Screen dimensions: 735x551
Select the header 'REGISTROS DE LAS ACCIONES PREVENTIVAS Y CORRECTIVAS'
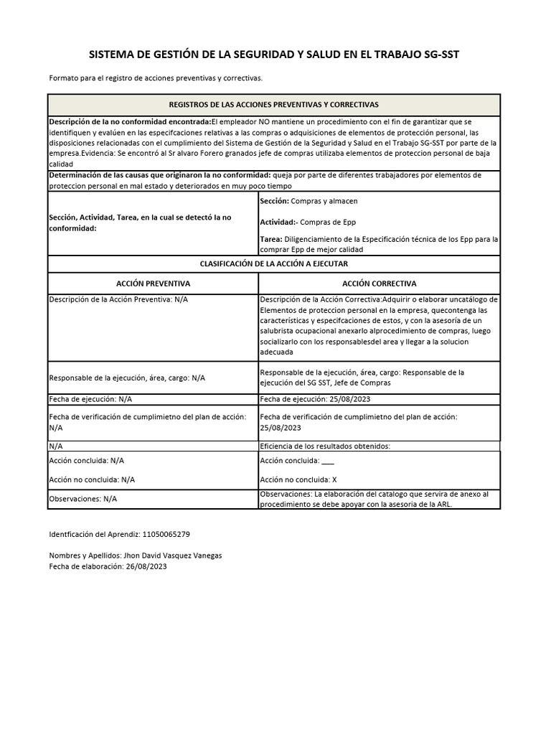point(273,104)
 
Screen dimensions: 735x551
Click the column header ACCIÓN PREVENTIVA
point(153,284)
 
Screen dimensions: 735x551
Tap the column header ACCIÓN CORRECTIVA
point(380,284)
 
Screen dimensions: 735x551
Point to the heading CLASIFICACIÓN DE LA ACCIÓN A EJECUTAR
point(273,265)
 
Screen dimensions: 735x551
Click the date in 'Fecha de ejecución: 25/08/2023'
point(347,398)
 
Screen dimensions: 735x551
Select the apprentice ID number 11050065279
point(166,535)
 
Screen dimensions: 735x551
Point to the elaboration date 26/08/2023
point(146,566)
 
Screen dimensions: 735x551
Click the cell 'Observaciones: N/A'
point(83,498)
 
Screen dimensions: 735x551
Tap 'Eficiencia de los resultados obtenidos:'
point(325,446)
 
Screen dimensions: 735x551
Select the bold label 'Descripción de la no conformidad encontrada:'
point(129,121)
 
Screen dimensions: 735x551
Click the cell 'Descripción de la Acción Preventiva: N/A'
point(118,299)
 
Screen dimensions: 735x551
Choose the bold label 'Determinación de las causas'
point(115,175)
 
